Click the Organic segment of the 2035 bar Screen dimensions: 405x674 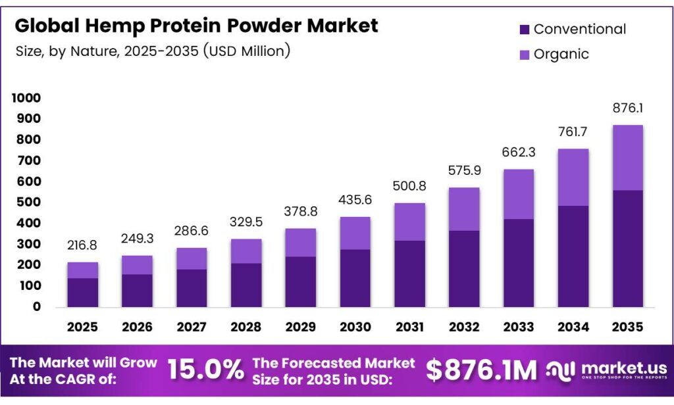click(x=627, y=158)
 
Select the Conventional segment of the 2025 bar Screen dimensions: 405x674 click(x=82, y=292)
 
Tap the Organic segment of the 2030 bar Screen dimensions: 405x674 click(x=355, y=233)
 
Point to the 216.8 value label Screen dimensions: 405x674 click(x=82, y=245)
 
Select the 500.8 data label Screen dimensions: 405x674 click(x=409, y=186)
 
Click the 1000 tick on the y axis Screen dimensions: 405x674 click(x=26, y=98)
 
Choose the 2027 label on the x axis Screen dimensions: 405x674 click(x=192, y=327)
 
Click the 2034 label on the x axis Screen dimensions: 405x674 click(x=573, y=327)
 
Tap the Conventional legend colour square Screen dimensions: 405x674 click(x=524, y=30)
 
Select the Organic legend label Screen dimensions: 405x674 click(x=561, y=54)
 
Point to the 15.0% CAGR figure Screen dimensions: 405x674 click(x=206, y=370)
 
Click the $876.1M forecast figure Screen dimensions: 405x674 click(x=482, y=370)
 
